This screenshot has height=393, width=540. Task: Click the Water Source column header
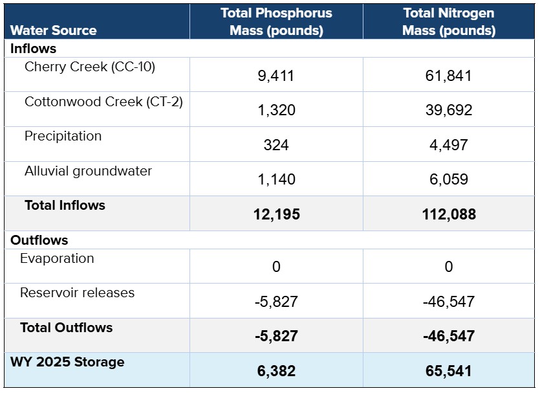54,30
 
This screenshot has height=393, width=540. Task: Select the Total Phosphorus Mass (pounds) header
276,22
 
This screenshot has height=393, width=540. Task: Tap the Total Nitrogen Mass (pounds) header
449,22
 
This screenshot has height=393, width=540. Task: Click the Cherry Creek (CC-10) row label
90,67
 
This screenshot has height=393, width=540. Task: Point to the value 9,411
276,76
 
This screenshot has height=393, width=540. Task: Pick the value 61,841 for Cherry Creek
449,76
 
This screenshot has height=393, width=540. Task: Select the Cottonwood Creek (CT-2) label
103,102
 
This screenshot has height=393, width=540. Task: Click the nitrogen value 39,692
449,110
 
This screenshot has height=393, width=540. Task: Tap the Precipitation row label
63,136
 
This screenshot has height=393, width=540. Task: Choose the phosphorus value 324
276,144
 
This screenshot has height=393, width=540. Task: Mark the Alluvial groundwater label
88,171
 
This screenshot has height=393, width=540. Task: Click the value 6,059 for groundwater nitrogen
449,179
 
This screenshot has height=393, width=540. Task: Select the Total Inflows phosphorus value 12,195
276,214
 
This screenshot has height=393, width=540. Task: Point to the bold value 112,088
449,214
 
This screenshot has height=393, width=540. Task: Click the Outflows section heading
39,240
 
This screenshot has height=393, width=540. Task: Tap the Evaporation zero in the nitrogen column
449,267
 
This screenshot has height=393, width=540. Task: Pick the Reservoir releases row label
77,293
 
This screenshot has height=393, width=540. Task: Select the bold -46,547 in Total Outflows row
449,336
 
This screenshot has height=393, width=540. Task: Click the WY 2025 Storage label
67,362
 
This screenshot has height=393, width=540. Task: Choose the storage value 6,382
276,371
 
